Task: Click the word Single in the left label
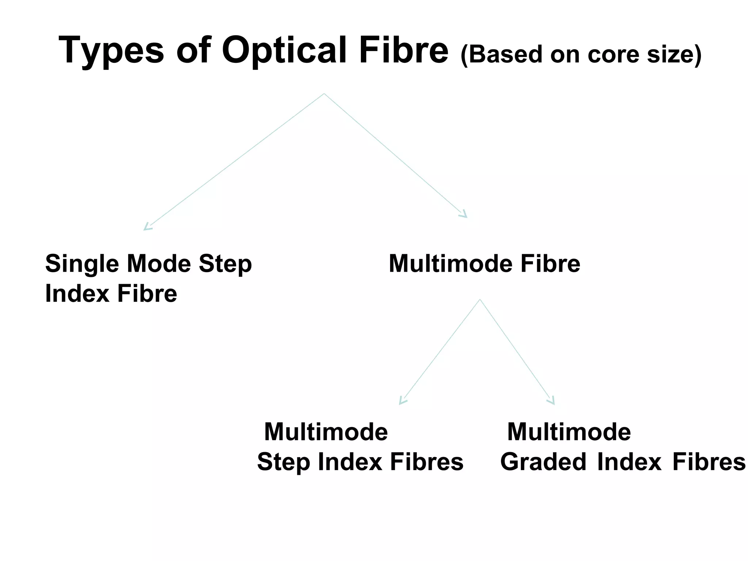point(82,264)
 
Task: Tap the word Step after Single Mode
point(225,264)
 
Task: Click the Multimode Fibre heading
point(484,263)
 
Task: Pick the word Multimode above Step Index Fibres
point(326,432)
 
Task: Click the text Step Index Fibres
point(360,462)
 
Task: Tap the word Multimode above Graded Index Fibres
point(569,432)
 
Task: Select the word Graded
point(543,462)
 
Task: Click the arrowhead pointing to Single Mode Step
point(147,227)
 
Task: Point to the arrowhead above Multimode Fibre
point(464,214)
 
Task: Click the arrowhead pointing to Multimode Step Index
point(402,401)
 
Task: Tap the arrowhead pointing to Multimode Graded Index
point(552,401)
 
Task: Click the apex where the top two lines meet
point(324,94)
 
